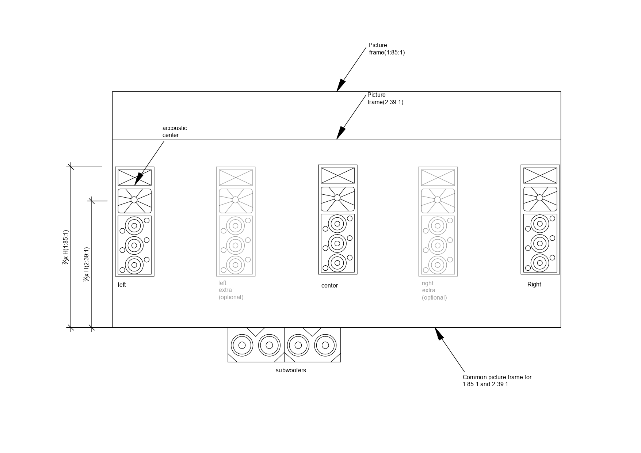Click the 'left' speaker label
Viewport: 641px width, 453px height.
(122, 285)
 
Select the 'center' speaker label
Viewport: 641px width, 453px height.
(329, 286)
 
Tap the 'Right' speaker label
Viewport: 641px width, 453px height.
(534, 285)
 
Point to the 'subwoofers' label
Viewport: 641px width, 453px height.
(291, 370)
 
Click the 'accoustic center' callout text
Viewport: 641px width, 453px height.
(175, 132)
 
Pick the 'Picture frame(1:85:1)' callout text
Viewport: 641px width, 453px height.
(386, 49)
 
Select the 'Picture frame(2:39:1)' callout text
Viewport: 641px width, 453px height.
(385, 99)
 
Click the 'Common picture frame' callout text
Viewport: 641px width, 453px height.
(497, 381)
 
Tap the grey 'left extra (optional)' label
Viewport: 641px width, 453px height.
(231, 290)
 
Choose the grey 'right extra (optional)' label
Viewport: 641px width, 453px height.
(434, 290)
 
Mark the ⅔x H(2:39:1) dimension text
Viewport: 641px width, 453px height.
(87, 264)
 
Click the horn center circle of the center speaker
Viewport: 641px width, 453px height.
(337, 198)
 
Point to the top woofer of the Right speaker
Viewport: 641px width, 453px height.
(540, 224)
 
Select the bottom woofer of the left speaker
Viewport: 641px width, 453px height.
(134, 265)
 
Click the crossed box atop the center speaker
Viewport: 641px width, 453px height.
(337, 175)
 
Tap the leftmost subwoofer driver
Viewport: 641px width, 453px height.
(242, 345)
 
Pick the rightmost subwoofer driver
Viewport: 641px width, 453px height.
(325, 345)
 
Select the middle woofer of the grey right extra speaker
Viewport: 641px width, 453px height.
(438, 245)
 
